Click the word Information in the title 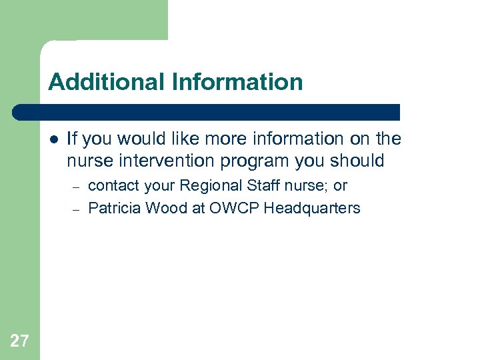[237, 82]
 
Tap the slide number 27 [20, 342]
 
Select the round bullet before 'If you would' [53, 139]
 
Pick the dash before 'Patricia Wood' [77, 209]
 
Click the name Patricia [114, 208]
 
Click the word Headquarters [312, 208]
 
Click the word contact [111, 186]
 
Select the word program [250, 161]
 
